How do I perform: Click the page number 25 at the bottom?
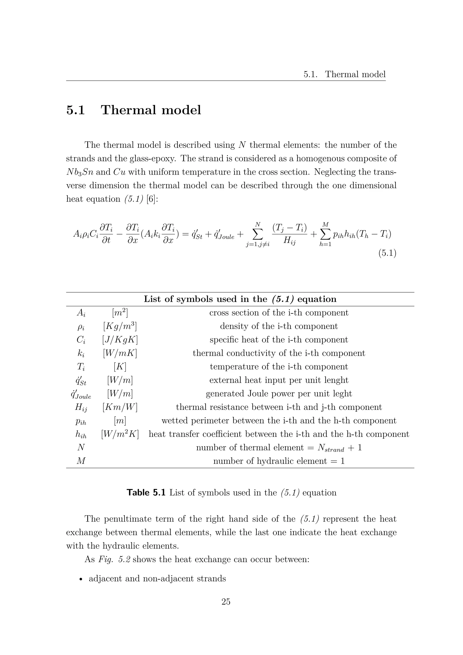tap(226, 602)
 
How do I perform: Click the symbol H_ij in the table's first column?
tap(81, 408)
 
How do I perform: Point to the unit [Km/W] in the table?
tap(120, 407)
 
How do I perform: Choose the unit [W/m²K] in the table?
tap(120, 434)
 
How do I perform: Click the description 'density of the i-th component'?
tap(279, 326)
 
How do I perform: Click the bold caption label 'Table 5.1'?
tap(146, 493)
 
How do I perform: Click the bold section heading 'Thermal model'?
tap(151, 110)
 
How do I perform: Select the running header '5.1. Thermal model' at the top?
tap(344, 74)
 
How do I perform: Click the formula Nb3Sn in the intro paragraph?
tap(80, 172)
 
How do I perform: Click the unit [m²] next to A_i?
tap(120, 313)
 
